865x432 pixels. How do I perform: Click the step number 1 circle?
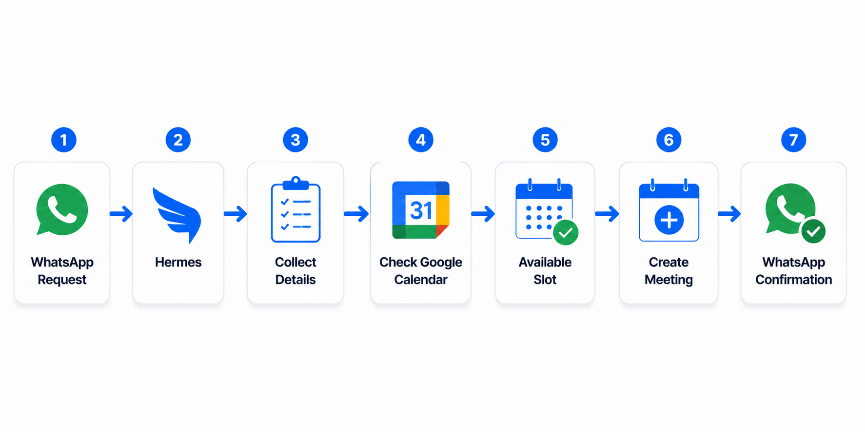(x=64, y=140)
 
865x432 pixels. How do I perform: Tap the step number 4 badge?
(x=421, y=140)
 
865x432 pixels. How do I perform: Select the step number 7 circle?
(x=793, y=140)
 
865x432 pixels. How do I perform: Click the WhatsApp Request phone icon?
(x=62, y=209)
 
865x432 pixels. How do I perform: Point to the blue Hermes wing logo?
(x=177, y=215)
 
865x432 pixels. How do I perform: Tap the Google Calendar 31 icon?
(x=421, y=210)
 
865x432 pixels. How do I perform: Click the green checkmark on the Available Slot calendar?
(x=566, y=232)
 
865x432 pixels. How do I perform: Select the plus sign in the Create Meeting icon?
(x=669, y=220)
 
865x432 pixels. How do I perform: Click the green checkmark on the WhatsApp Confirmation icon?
(x=813, y=231)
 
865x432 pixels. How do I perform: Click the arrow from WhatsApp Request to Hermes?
(x=121, y=213)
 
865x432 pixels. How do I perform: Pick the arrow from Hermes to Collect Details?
(x=236, y=213)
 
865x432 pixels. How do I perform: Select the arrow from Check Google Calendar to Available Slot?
(x=483, y=213)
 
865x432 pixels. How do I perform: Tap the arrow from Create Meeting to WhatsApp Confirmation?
(x=729, y=213)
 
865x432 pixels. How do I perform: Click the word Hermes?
(x=178, y=262)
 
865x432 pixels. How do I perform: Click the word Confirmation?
(x=793, y=280)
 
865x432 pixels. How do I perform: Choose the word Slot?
(x=545, y=280)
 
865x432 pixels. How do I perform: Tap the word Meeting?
(x=668, y=280)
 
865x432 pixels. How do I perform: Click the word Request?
(x=62, y=280)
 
